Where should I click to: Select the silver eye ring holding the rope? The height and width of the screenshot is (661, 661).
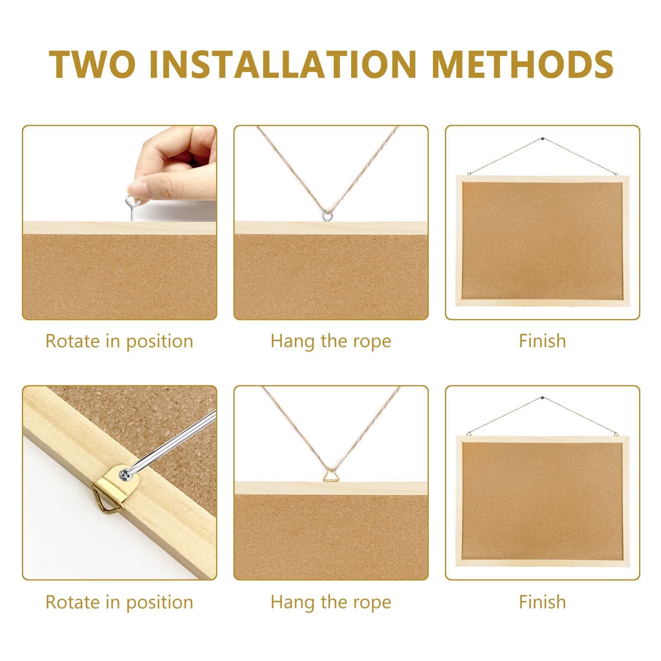click(328, 215)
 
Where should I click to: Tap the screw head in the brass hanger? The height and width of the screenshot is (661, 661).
click(124, 475)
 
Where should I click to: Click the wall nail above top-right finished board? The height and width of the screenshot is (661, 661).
click(542, 139)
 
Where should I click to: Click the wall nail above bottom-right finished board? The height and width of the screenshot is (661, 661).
click(542, 398)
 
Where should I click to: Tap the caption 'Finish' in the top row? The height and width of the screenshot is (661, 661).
click(542, 341)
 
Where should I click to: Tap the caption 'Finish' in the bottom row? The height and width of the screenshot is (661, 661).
click(542, 602)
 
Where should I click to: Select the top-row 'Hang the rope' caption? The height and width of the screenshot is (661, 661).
click(330, 341)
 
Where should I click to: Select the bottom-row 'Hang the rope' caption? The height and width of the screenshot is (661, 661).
click(330, 602)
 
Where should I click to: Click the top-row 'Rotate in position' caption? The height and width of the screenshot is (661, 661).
click(119, 341)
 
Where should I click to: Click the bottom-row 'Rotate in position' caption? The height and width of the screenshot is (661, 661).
click(119, 602)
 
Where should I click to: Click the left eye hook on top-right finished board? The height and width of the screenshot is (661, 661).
click(469, 174)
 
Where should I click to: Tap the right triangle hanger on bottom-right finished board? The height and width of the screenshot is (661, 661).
click(616, 433)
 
